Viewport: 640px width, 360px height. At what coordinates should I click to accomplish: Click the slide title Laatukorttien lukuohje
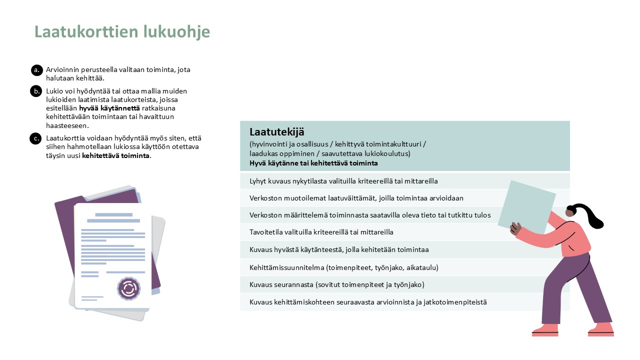[122, 32]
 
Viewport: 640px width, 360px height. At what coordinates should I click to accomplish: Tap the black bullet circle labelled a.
[36, 70]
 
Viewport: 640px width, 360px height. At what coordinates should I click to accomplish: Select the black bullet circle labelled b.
[36, 91]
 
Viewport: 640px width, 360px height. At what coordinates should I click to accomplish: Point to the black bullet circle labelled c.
[35, 138]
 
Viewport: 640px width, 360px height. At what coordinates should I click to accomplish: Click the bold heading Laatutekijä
[277, 132]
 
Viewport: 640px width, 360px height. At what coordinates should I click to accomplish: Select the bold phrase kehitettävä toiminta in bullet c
[116, 155]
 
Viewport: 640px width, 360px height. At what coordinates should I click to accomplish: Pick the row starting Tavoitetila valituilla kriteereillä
[321, 232]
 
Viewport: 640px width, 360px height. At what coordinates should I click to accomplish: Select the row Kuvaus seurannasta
[336, 284]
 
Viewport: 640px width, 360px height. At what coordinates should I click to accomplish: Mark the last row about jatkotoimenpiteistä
[368, 302]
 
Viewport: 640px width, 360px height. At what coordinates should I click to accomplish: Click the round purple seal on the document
[129, 288]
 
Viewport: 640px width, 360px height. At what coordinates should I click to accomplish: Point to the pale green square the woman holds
[526, 205]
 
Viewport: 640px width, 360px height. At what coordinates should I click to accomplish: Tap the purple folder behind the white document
[67, 230]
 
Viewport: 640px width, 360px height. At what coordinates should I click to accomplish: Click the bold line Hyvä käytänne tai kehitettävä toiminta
[313, 163]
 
